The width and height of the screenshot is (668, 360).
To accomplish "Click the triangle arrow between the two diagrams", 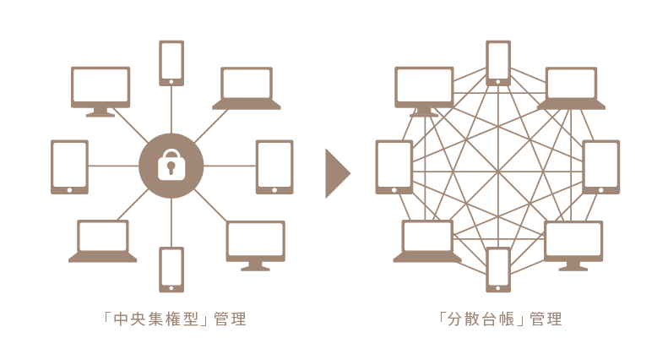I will [x=336, y=174].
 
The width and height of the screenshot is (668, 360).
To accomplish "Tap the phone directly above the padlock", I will [x=171, y=61].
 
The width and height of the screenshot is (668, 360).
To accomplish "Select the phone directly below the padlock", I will [x=171, y=268].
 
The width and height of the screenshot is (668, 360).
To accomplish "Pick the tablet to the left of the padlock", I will [x=69, y=166].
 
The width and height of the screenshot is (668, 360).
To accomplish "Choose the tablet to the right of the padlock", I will [x=274, y=166].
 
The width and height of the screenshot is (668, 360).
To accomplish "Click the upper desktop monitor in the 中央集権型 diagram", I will [x=100, y=89].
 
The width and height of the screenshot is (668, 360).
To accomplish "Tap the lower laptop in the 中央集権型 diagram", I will [x=102, y=239].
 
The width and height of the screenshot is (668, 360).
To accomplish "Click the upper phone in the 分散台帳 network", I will [x=498, y=61].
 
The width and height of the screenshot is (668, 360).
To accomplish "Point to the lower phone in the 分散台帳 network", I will [x=498, y=268].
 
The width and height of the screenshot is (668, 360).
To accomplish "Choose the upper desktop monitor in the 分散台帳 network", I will [x=425, y=89].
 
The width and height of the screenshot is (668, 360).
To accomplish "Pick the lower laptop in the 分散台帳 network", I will [x=427, y=239].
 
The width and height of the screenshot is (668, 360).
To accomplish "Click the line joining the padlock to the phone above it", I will [x=171, y=110].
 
